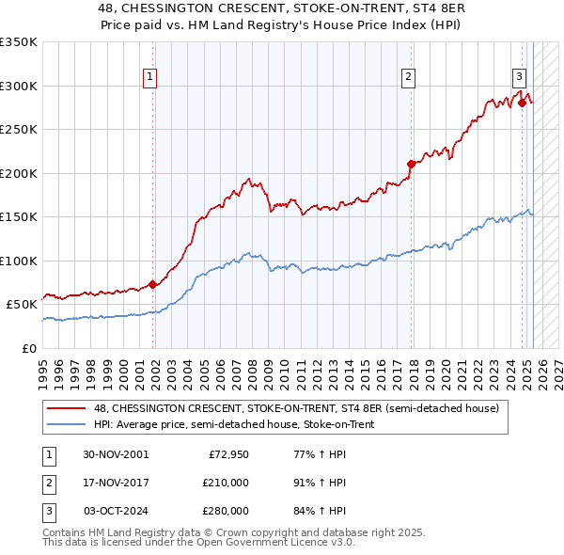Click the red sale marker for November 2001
pyautogui.click(x=152, y=283)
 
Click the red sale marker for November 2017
pyautogui.click(x=410, y=164)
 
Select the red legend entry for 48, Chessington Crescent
pyautogui.click(x=302, y=408)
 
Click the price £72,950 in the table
pyautogui.click(x=228, y=454)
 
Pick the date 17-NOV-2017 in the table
pyautogui.click(x=116, y=483)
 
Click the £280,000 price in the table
pyautogui.click(x=226, y=511)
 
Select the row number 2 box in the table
pyautogui.click(x=48, y=483)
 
